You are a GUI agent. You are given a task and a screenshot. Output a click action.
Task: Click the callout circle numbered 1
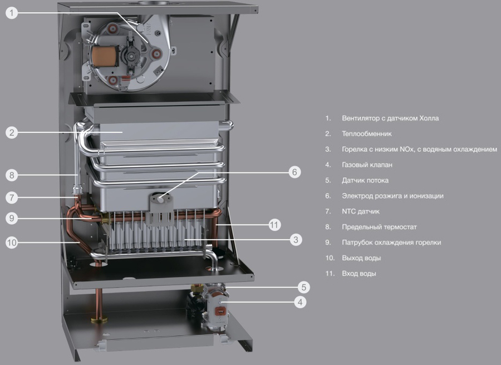click(x=12, y=13)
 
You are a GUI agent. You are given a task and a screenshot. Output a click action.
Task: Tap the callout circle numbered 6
click(x=294, y=172)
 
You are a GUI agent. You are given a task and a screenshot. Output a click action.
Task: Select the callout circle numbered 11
click(x=274, y=225)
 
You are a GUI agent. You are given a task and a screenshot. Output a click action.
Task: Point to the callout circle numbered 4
click(x=300, y=302)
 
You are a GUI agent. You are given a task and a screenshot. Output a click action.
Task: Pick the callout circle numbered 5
click(x=304, y=287)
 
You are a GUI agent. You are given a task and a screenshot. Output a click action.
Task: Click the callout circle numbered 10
click(x=12, y=243)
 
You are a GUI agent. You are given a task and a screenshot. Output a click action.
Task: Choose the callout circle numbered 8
click(x=12, y=175)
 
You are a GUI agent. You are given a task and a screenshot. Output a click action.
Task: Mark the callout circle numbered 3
click(x=296, y=239)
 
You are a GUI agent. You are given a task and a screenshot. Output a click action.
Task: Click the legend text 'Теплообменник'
click(x=367, y=134)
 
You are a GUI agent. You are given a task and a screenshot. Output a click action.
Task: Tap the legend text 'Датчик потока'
click(x=365, y=180)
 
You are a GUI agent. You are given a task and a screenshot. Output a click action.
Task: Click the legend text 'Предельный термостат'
click(x=379, y=227)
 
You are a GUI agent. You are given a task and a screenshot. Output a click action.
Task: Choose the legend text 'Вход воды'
click(x=359, y=273)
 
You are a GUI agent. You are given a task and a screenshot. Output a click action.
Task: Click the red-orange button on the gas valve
click(x=220, y=310)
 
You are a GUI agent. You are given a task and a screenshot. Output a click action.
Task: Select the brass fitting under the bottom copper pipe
click(x=99, y=319)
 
